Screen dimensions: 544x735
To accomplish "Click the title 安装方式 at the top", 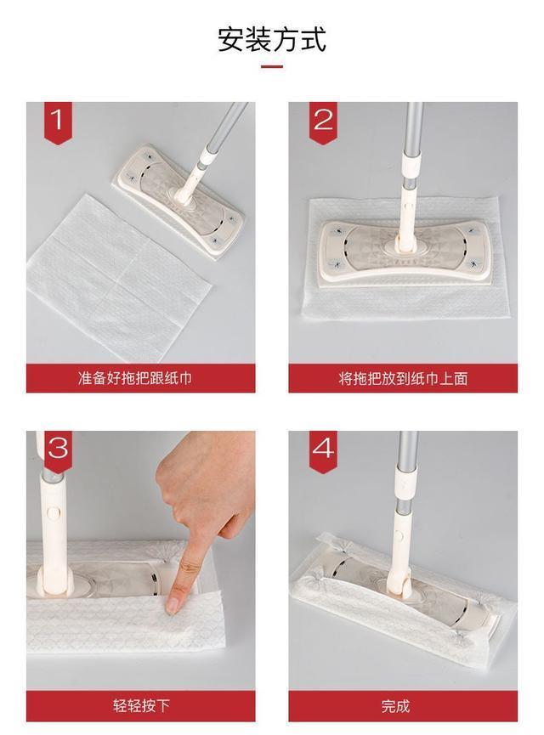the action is pyautogui.click(x=271, y=39).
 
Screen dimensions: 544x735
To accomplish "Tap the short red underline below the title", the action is pyautogui.click(x=272, y=66).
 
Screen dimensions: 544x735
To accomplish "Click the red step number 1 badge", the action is pyautogui.click(x=58, y=122).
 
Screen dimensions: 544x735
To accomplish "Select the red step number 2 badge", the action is pyautogui.click(x=323, y=122).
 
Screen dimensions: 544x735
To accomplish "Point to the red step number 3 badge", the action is pyautogui.click(x=58, y=451).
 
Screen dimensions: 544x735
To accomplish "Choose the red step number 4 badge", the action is pyautogui.click(x=323, y=451).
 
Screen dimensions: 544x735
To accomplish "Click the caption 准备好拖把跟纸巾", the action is pyautogui.click(x=135, y=378).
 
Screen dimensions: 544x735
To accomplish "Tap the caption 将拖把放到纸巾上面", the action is pyautogui.click(x=403, y=378).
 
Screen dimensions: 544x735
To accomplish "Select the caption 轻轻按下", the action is pyautogui.click(x=141, y=706).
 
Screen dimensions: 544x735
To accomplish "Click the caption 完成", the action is pyautogui.click(x=396, y=706).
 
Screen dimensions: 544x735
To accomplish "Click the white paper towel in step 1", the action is pyautogui.click(x=120, y=276).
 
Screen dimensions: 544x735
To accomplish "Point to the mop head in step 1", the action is pyautogui.click(x=178, y=201).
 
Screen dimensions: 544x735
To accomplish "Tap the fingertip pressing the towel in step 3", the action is pyautogui.click(x=173, y=606).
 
